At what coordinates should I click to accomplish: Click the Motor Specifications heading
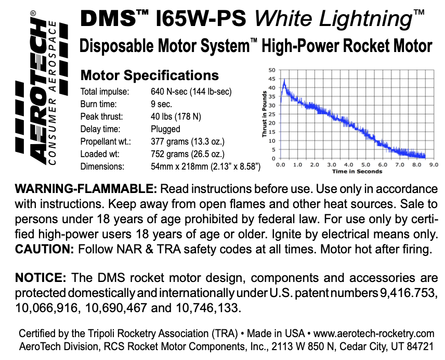pos(150,75)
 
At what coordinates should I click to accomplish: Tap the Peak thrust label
pos(101,117)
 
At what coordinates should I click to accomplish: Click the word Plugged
pos(165,129)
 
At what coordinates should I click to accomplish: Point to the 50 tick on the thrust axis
pos(272,70)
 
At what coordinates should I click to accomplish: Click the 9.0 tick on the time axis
pos(434,164)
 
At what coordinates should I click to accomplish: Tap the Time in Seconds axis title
pos(357,171)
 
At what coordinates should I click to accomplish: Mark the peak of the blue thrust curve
pos(284,81)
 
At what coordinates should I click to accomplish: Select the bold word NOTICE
pos(41,277)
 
